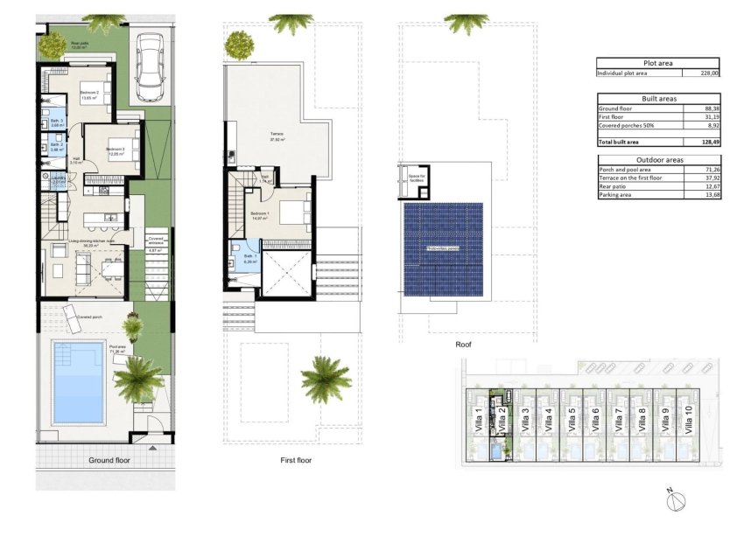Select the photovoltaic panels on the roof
443,249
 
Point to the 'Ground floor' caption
109,459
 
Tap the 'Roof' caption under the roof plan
463,345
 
